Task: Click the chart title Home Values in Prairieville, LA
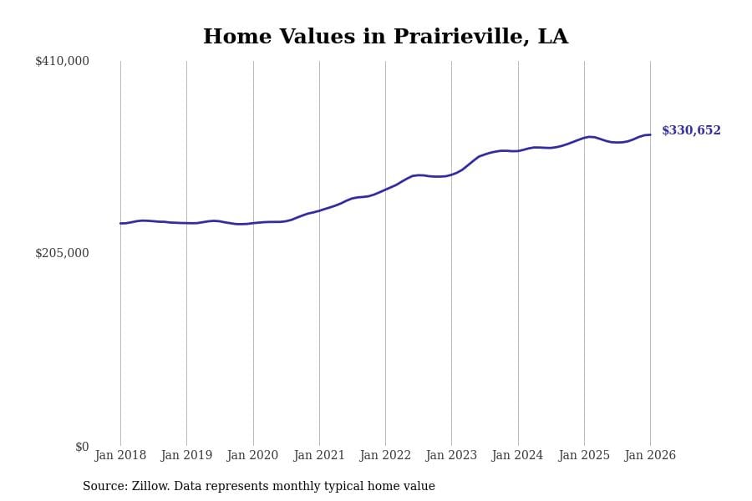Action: (x=385, y=38)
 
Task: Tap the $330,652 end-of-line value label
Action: (x=691, y=131)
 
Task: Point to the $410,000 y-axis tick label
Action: (x=62, y=61)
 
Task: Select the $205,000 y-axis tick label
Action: (x=62, y=253)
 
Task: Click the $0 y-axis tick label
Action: (x=82, y=447)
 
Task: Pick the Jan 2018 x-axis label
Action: (x=120, y=456)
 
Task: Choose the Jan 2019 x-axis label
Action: (x=186, y=456)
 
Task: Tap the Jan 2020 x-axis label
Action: (x=252, y=456)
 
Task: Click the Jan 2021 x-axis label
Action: (x=319, y=456)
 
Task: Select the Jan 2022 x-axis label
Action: (x=385, y=456)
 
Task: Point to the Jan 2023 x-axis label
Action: (x=451, y=456)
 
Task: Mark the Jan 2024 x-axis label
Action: (x=517, y=456)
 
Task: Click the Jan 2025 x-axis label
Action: (x=584, y=456)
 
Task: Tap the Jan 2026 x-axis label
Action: (x=650, y=456)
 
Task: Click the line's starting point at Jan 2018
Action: (x=120, y=223)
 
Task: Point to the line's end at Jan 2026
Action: (x=650, y=135)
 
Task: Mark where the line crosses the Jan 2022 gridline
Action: (x=385, y=190)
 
